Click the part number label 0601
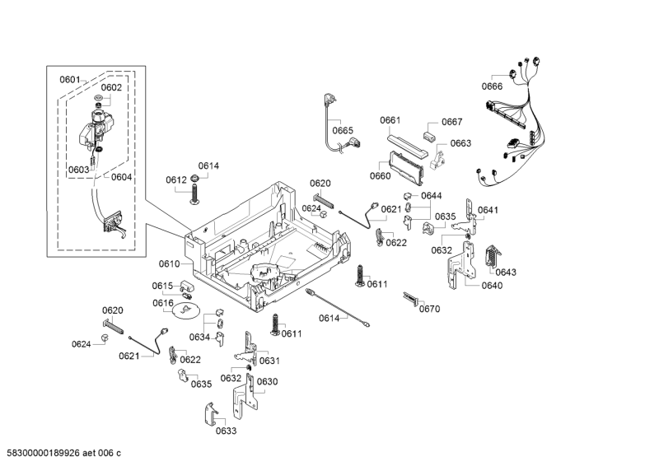click(69, 79)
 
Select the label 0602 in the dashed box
click(111, 87)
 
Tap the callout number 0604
click(121, 176)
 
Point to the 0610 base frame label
click(169, 263)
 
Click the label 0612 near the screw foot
click(175, 179)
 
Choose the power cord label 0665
click(343, 130)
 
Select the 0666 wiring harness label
click(492, 86)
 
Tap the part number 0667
click(451, 122)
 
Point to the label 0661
click(390, 120)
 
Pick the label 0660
click(380, 175)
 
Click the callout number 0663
click(460, 143)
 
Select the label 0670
click(429, 309)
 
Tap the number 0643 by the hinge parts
click(506, 273)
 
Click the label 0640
click(492, 286)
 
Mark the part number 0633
click(227, 431)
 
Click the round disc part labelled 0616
click(187, 310)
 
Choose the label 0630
click(267, 381)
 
